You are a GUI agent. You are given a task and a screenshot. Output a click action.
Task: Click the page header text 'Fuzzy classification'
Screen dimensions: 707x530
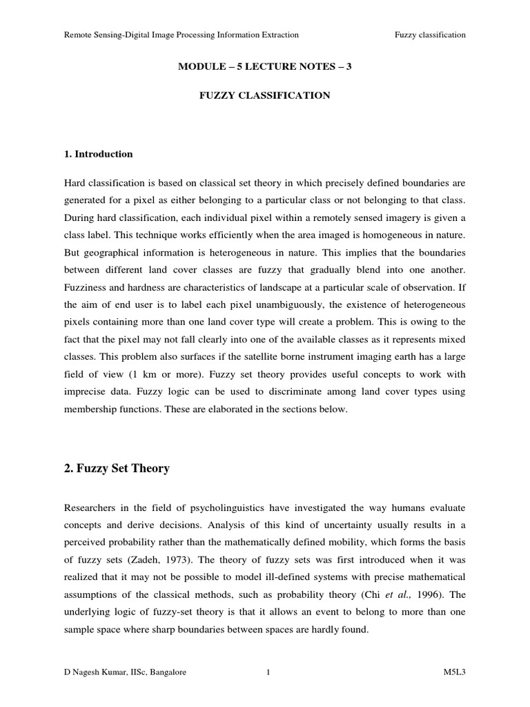(429, 35)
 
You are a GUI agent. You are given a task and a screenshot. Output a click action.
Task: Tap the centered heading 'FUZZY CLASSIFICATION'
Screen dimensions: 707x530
(265, 95)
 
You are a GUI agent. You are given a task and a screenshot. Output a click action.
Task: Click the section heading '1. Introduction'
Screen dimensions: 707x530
(98, 154)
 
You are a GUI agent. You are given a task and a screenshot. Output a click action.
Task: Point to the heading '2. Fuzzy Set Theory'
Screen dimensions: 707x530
(117, 468)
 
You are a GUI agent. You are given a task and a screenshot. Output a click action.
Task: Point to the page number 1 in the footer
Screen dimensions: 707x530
(266, 671)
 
